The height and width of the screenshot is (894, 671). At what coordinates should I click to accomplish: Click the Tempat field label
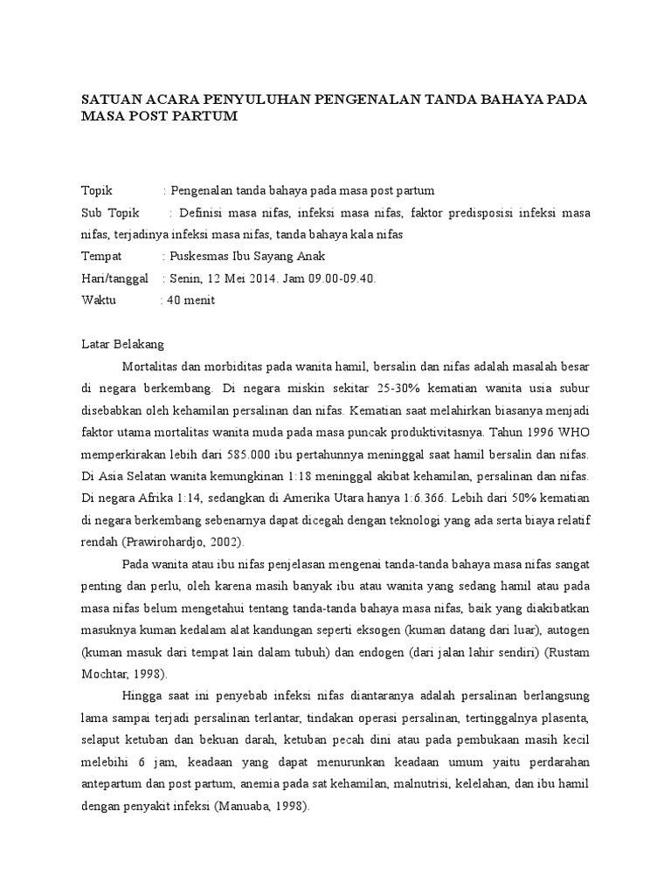pyautogui.click(x=102, y=257)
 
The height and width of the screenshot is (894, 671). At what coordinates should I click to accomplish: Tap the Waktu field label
pyautogui.click(x=99, y=300)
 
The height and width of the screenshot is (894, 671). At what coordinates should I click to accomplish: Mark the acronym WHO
pyautogui.click(x=574, y=431)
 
